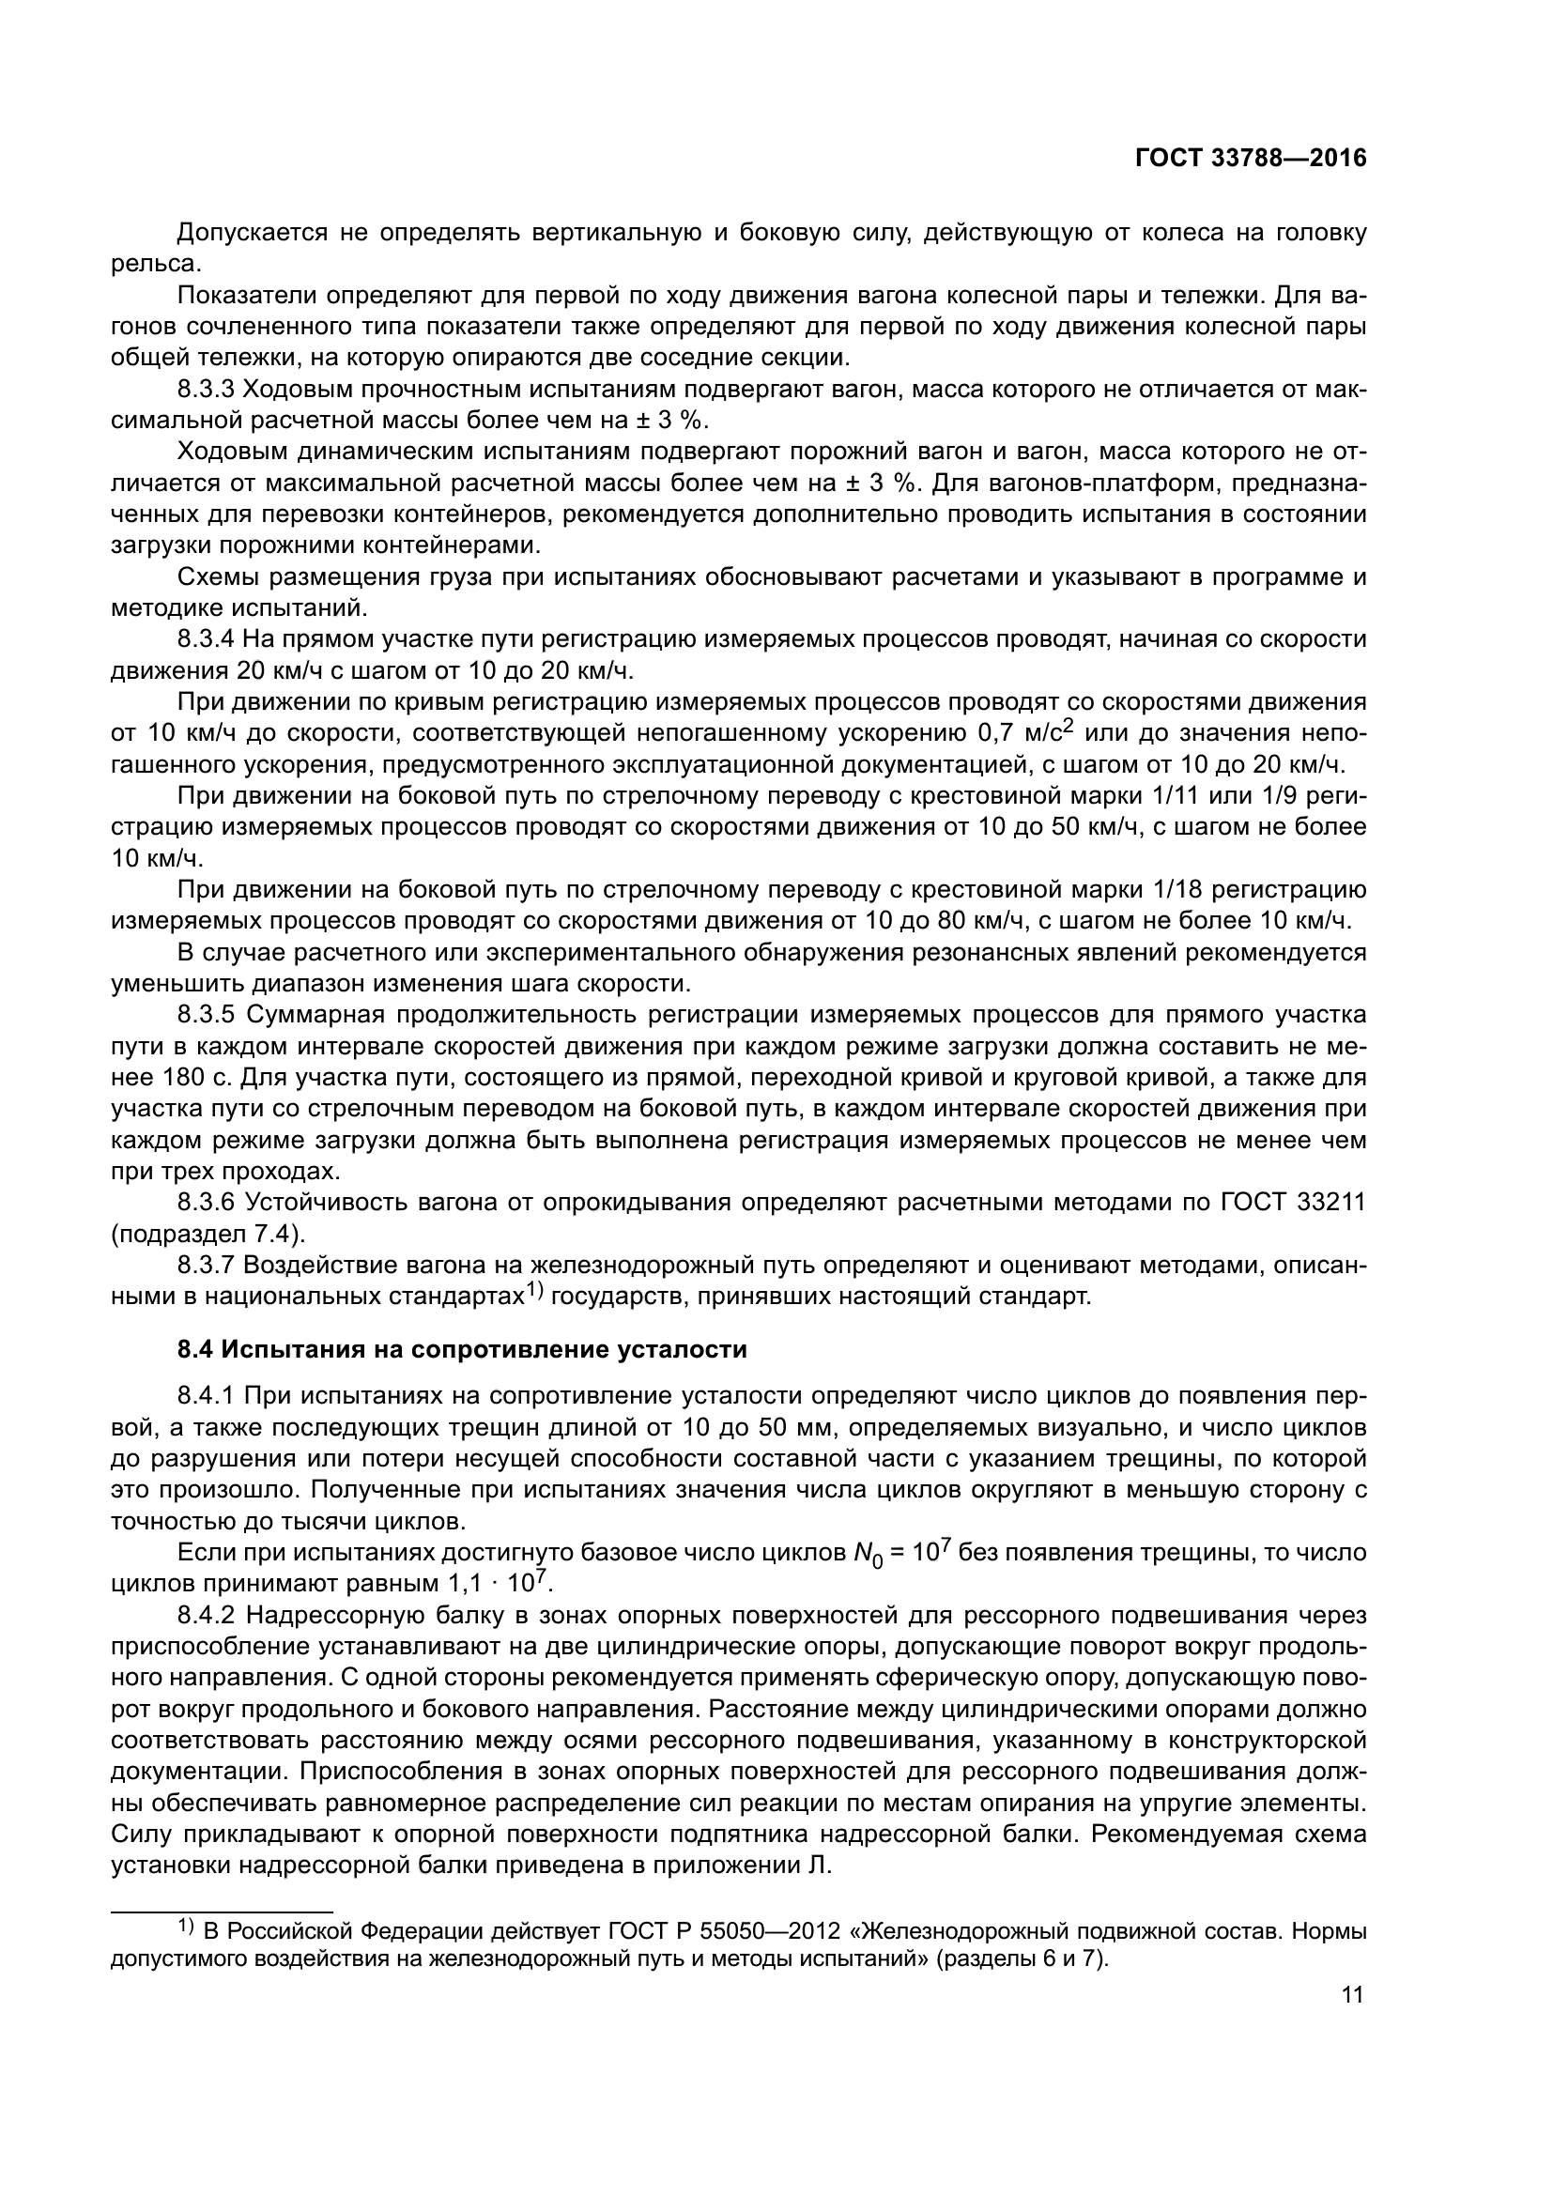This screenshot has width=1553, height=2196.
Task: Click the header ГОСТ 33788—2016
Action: click(x=1250, y=159)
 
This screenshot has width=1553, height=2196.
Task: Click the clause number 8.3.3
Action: click(x=207, y=391)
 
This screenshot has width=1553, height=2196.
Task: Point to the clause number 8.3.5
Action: click(x=207, y=1015)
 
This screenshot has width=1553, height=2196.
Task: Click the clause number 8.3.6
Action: click(x=207, y=1203)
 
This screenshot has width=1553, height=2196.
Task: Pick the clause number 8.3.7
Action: click(x=207, y=1266)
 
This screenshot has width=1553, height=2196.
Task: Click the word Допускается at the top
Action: click(x=253, y=233)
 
